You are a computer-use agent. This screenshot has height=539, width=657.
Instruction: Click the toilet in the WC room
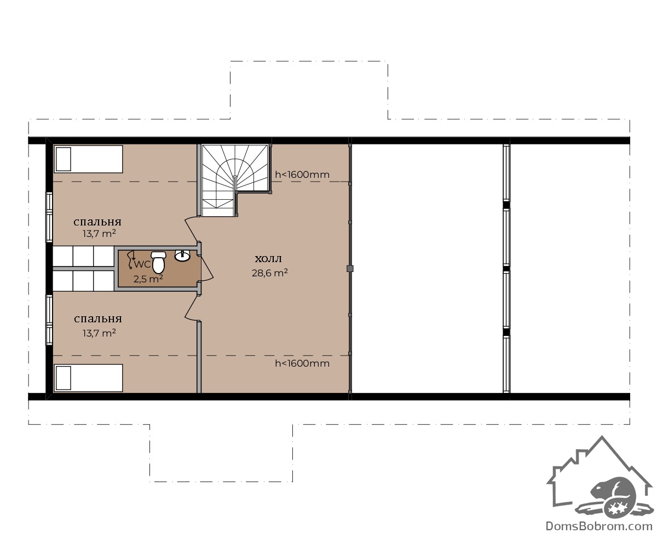click(x=159, y=262)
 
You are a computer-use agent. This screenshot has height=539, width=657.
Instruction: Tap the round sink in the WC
click(x=182, y=256)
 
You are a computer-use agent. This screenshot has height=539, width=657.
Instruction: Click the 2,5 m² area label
click(x=148, y=279)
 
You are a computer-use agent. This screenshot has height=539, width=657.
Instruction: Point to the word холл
click(x=268, y=259)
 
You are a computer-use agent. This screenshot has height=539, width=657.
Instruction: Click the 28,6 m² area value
click(x=269, y=273)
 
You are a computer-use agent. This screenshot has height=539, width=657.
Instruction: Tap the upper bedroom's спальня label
click(x=97, y=222)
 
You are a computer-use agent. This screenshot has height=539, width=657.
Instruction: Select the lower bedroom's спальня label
click(x=98, y=319)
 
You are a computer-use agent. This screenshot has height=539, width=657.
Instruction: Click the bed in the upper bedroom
click(x=89, y=159)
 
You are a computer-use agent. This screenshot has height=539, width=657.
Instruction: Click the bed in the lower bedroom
click(x=89, y=378)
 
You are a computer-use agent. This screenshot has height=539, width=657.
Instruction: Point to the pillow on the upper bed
click(x=64, y=159)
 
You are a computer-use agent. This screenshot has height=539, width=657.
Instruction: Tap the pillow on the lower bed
click(x=64, y=378)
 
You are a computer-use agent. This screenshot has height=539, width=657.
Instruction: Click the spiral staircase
click(x=235, y=180)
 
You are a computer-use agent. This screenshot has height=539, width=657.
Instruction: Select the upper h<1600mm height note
click(x=302, y=175)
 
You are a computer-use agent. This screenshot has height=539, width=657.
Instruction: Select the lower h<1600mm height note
click(x=302, y=363)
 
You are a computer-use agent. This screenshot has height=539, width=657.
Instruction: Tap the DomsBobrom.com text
click(x=599, y=526)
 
